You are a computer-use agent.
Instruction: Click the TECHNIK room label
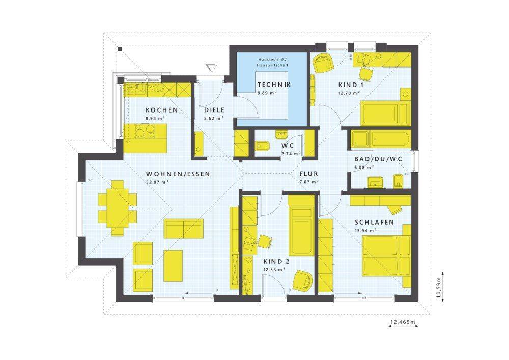(274, 85)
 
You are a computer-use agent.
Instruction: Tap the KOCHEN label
(162, 110)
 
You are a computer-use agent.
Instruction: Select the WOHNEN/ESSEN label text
(178, 174)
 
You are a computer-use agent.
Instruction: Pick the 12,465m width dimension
(403, 322)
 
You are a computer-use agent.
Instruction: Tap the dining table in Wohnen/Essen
(117, 208)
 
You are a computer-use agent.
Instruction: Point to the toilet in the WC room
(262, 146)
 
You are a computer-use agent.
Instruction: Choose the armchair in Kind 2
(302, 281)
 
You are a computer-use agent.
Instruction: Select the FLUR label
(309, 174)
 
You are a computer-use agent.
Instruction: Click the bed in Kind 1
(385, 113)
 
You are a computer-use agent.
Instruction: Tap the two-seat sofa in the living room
(184, 229)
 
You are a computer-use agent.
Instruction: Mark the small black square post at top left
(120, 49)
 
